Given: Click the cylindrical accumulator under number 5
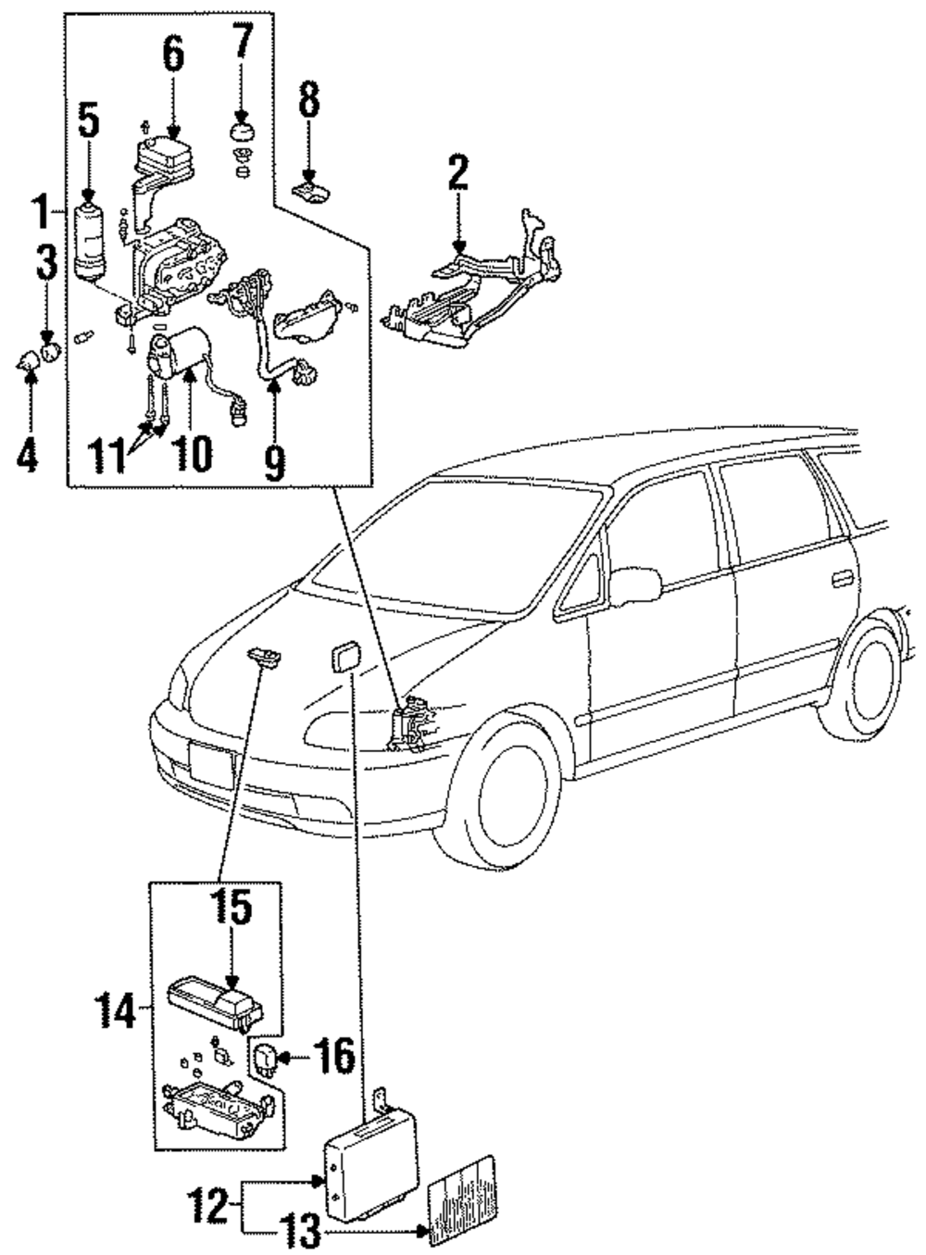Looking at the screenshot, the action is tap(89, 242).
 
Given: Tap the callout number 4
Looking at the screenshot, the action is tap(27, 455).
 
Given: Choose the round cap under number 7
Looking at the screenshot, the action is tap(243, 134).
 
